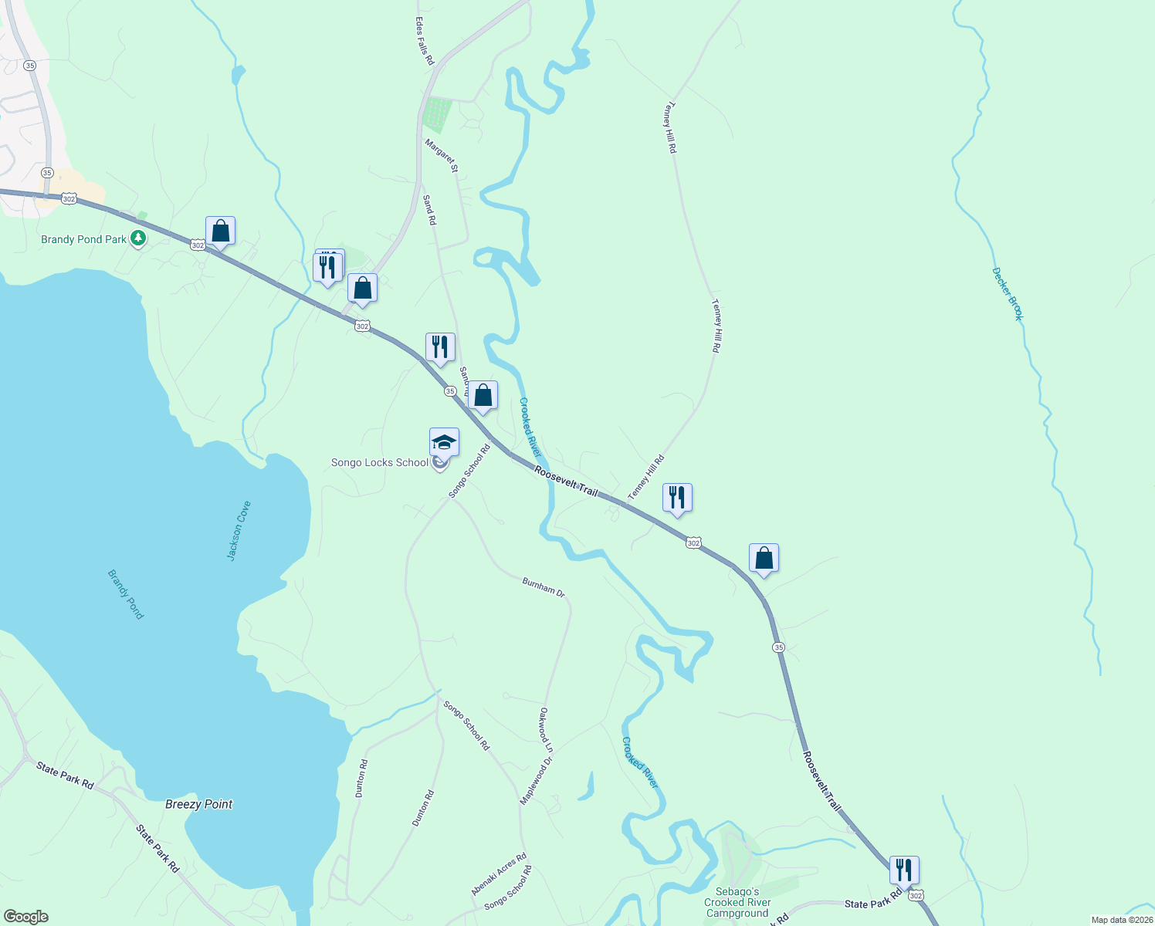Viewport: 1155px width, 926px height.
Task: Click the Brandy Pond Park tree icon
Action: (138, 238)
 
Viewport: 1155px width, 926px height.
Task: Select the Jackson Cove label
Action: (239, 530)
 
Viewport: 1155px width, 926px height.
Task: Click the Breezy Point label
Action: (198, 804)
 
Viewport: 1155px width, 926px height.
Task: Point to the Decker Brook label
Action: (1008, 294)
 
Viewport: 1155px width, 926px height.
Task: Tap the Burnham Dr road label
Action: (544, 587)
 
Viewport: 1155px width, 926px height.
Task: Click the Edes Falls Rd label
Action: (425, 41)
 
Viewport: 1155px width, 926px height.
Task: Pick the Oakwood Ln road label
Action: (546, 730)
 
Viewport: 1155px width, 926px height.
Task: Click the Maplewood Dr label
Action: (537, 780)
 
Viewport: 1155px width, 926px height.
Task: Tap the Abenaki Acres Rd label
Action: (499, 874)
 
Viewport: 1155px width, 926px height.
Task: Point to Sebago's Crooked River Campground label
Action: (737, 902)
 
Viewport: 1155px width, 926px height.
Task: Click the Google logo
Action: (26, 917)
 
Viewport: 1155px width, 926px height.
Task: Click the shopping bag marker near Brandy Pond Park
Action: (220, 231)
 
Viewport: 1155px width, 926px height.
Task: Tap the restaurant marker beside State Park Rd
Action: (904, 870)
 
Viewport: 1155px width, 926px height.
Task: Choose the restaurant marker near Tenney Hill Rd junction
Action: (677, 498)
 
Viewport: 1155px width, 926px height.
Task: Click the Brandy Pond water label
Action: (125, 594)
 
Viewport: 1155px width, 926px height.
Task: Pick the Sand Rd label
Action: (430, 209)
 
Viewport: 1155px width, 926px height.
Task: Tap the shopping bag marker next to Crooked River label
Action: (483, 395)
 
